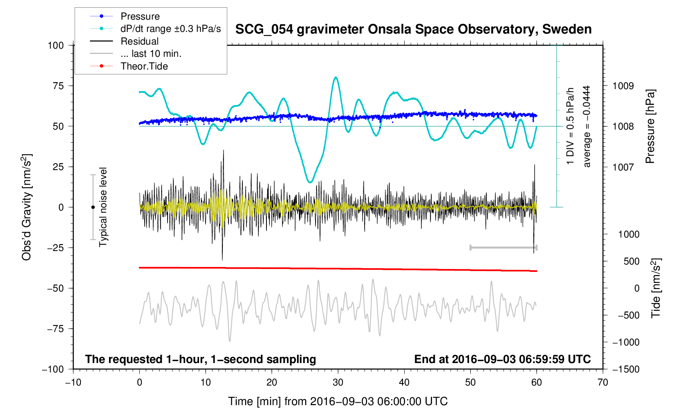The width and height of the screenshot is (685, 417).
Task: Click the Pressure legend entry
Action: (x=140, y=16)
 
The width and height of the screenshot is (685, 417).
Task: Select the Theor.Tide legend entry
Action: (x=144, y=66)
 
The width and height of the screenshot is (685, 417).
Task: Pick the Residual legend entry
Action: (x=139, y=41)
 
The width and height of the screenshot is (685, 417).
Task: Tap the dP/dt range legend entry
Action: (x=170, y=29)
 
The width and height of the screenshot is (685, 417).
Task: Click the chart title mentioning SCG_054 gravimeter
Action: (x=413, y=29)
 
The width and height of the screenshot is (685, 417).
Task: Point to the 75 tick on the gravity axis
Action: (x=56, y=86)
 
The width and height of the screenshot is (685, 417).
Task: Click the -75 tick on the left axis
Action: (x=54, y=329)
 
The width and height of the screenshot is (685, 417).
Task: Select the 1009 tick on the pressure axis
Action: (x=622, y=86)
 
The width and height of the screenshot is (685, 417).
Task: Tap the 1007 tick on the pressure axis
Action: (x=622, y=167)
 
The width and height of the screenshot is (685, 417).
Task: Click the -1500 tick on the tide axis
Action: (x=625, y=369)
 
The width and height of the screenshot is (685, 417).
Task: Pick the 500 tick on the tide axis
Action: (x=631, y=261)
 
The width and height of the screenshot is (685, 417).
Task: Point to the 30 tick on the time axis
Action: (x=338, y=382)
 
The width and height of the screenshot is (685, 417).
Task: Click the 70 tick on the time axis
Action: (x=603, y=382)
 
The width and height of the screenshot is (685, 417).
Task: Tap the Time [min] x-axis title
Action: (x=338, y=401)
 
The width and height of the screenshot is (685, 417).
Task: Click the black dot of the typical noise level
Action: (x=93, y=207)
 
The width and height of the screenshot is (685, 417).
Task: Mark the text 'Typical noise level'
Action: (x=103, y=207)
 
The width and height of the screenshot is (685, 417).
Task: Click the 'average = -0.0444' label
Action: (x=587, y=126)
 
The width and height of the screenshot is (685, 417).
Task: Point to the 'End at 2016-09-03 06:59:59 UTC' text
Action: (x=502, y=359)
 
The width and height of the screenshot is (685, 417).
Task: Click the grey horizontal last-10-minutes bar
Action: (x=504, y=247)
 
